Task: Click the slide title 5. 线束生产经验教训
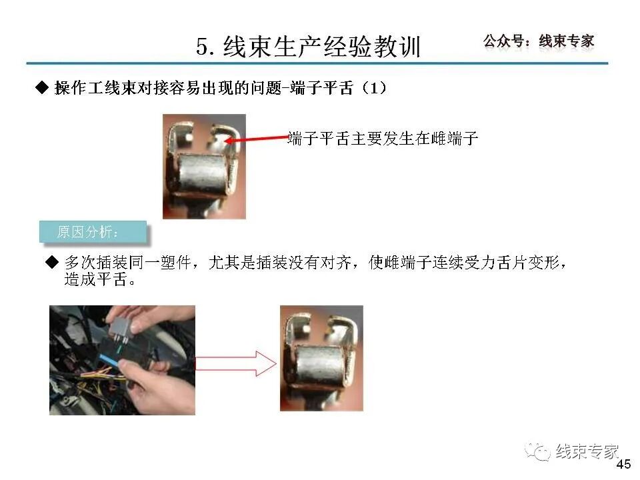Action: pyautogui.click(x=308, y=46)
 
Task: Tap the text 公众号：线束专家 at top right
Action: pyautogui.click(x=538, y=41)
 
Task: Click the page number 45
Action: pyautogui.click(x=623, y=465)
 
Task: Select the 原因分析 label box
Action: pyautogui.click(x=92, y=232)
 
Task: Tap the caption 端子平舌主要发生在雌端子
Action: pyautogui.click(x=383, y=139)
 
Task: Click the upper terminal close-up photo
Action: pyautogui.click(x=204, y=166)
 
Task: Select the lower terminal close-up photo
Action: pyautogui.click(x=321, y=358)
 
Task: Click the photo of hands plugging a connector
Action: pyautogui.click(x=122, y=360)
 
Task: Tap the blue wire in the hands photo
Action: pyautogui.click(x=107, y=366)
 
